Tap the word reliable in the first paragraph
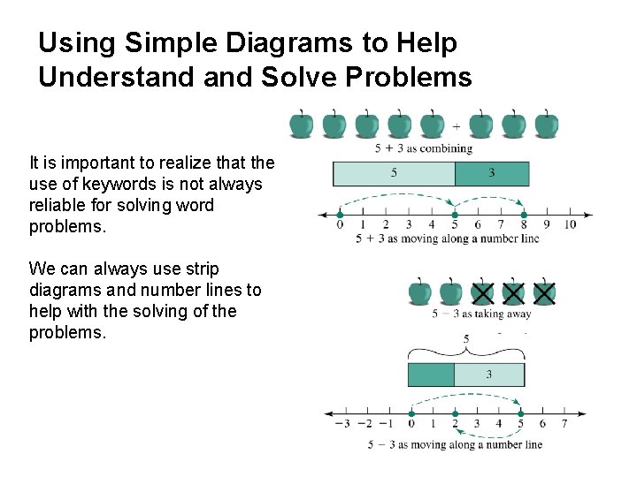(x=58, y=205)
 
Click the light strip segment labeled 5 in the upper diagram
(x=394, y=173)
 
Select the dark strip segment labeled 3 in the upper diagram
(x=492, y=173)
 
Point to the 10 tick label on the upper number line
(x=570, y=225)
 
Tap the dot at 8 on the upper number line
(x=524, y=214)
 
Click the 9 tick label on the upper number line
(x=547, y=225)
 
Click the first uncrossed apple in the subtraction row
(x=420, y=291)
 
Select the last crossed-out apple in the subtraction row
(x=545, y=292)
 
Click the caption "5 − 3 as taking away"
(x=481, y=314)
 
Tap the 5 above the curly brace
(x=466, y=337)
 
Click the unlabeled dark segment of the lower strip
(x=431, y=375)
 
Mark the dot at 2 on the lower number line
(x=455, y=413)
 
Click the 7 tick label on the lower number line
(x=564, y=424)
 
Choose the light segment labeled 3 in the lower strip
(x=489, y=375)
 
